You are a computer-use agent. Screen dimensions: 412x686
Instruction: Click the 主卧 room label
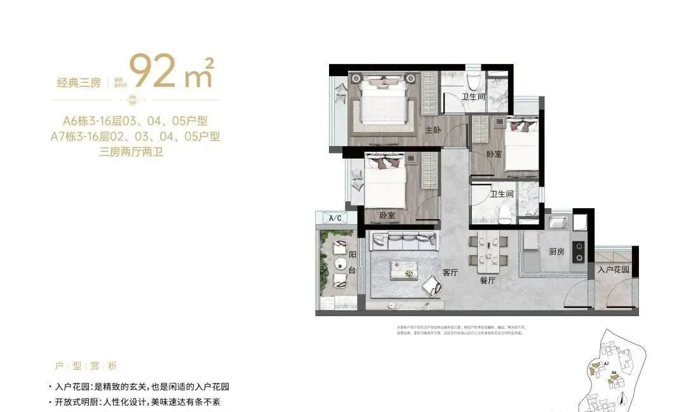[x=433, y=130]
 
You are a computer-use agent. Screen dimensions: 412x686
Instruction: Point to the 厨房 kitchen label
[x=556, y=252]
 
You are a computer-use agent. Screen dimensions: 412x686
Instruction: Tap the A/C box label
[x=335, y=218]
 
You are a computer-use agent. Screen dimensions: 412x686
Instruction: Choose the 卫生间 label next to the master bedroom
[x=473, y=96]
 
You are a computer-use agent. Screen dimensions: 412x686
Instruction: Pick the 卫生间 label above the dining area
[x=501, y=195]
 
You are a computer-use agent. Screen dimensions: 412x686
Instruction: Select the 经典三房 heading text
[x=78, y=83]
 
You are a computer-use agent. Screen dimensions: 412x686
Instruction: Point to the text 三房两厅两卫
[x=131, y=152]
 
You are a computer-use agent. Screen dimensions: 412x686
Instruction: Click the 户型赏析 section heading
[x=86, y=366]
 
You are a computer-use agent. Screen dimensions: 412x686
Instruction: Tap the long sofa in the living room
[x=404, y=241]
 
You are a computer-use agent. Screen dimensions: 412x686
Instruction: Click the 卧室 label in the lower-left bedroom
[x=387, y=215]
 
